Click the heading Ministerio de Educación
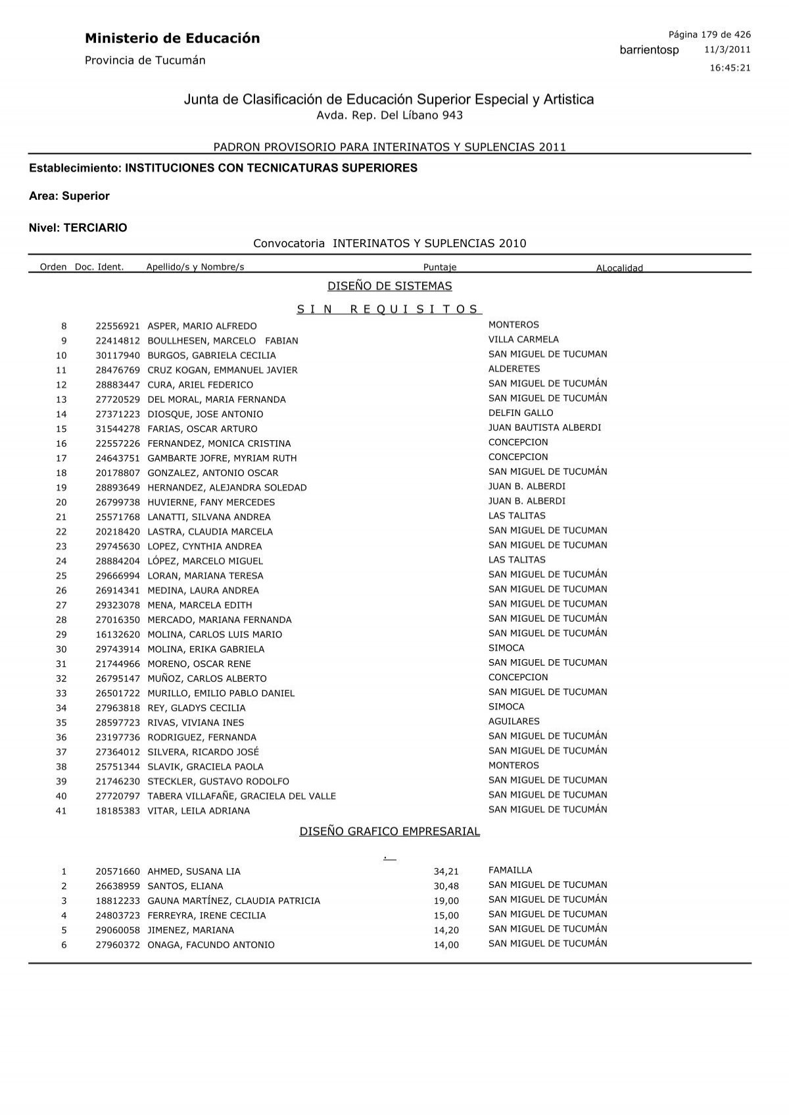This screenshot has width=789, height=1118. (172, 39)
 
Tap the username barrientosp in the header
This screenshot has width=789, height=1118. (649, 51)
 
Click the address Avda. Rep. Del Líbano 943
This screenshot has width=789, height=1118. (390, 115)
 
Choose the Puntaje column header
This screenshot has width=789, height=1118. (440, 267)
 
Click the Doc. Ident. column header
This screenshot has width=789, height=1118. (99, 267)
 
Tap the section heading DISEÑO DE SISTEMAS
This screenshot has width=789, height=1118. (390, 286)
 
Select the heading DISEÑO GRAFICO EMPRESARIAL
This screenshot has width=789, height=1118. (390, 831)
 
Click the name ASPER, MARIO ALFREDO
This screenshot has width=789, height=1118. (202, 326)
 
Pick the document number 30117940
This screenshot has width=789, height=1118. (118, 356)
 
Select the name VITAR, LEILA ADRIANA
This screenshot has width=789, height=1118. (199, 811)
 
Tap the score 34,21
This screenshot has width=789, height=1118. (446, 872)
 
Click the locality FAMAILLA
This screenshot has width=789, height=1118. (510, 870)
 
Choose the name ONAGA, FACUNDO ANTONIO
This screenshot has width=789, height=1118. (211, 945)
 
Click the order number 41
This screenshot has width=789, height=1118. (61, 811)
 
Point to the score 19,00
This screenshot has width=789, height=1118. (446, 901)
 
